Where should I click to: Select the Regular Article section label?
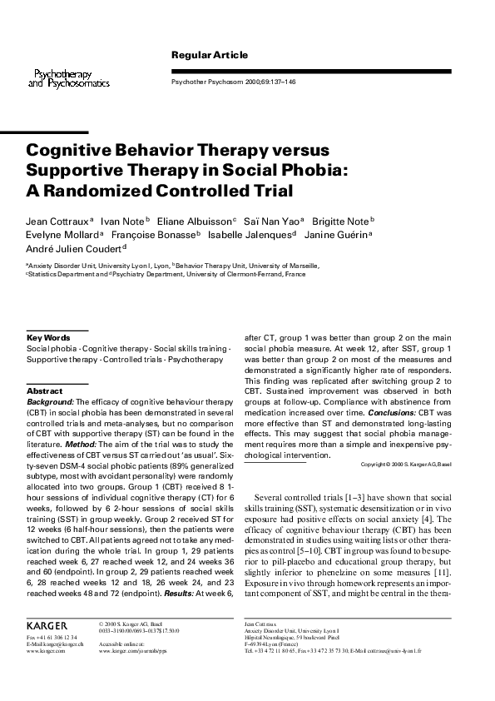(209, 55)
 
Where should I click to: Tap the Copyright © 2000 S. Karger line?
(406, 464)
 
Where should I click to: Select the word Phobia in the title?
(309, 171)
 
